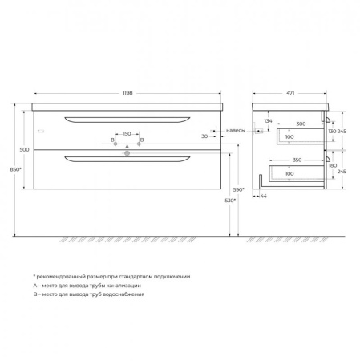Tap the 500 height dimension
23,149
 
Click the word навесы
236,129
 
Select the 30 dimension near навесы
204,136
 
